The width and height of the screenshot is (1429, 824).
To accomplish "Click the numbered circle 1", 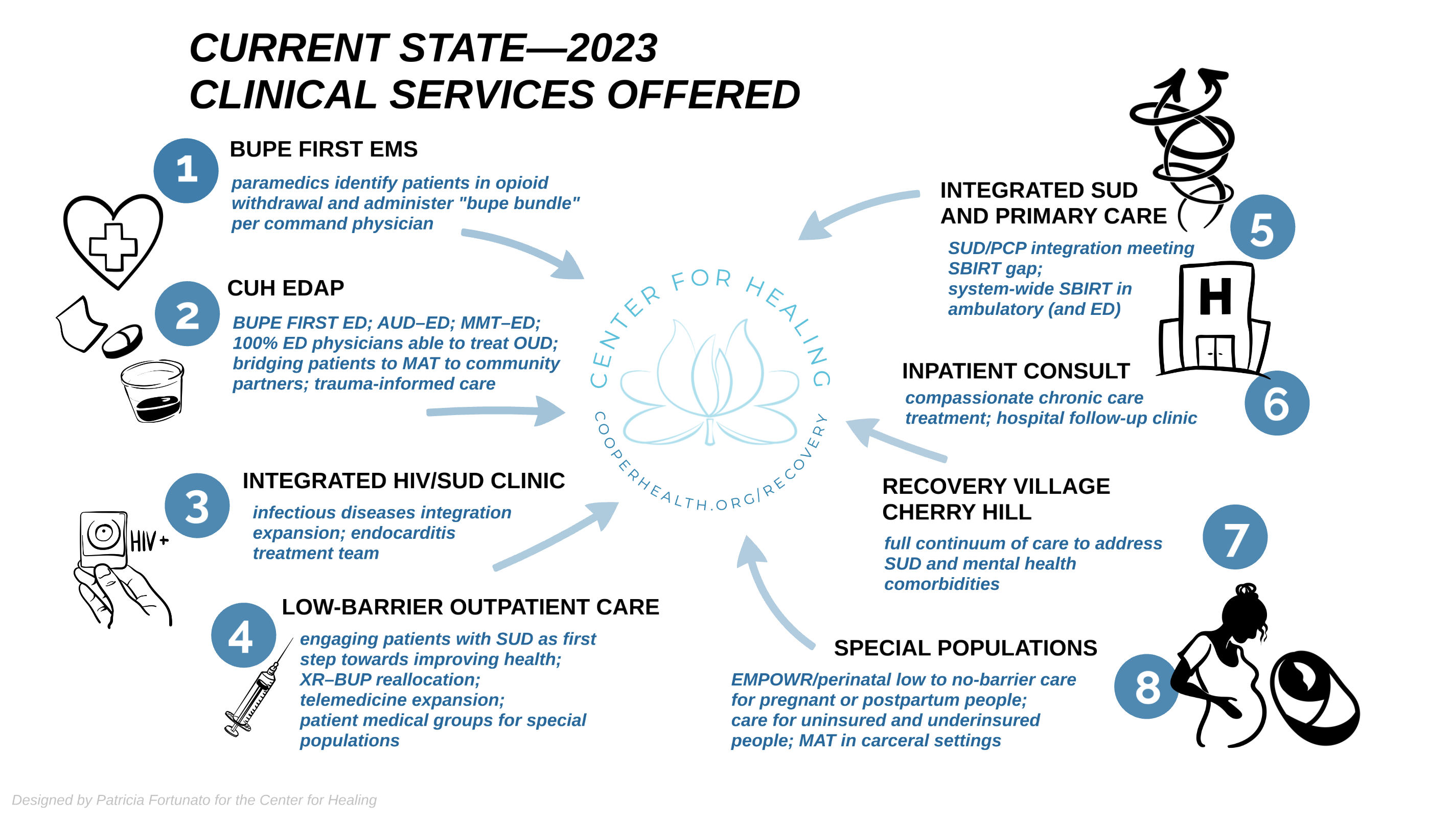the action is pyautogui.click(x=186, y=170).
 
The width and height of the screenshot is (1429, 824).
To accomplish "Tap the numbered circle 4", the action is pyautogui.click(x=244, y=635).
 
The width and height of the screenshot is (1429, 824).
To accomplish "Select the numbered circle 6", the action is pyautogui.click(x=1277, y=403).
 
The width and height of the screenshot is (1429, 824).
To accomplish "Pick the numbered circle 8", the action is pyautogui.click(x=1147, y=686).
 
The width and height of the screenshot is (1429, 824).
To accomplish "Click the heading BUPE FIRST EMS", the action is pyautogui.click(x=324, y=149).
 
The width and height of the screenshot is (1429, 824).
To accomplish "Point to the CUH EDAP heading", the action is pyautogui.click(x=286, y=288).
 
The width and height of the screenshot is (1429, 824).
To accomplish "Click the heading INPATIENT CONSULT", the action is pyautogui.click(x=1016, y=371).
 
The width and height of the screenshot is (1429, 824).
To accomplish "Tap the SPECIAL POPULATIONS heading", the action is pyautogui.click(x=965, y=648).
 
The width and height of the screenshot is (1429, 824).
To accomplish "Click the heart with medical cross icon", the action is pyautogui.click(x=113, y=241).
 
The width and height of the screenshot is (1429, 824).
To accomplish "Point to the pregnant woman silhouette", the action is pyautogui.click(x=1222, y=666).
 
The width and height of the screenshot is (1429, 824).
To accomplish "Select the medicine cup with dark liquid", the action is pyautogui.click(x=153, y=391).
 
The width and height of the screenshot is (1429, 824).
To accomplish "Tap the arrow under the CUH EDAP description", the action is pyautogui.click(x=496, y=411).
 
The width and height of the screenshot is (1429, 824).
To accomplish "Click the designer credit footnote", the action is pyautogui.click(x=194, y=799).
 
